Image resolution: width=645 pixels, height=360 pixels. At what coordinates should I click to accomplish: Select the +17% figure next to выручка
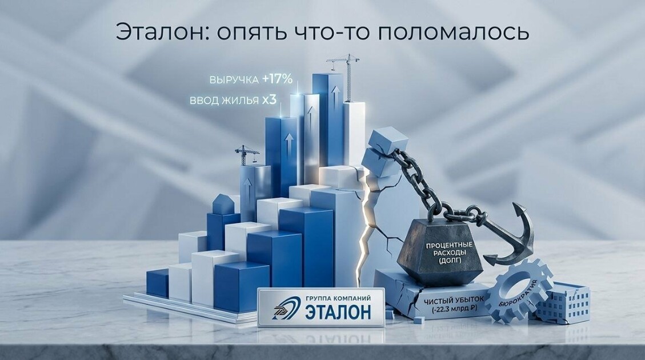[277, 79]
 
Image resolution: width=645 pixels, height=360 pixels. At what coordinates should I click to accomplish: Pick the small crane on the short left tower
[247, 155]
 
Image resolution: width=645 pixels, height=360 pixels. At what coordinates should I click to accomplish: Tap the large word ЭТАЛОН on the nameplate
[338, 311]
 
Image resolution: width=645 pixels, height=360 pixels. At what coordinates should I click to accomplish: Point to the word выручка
[234, 80]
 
